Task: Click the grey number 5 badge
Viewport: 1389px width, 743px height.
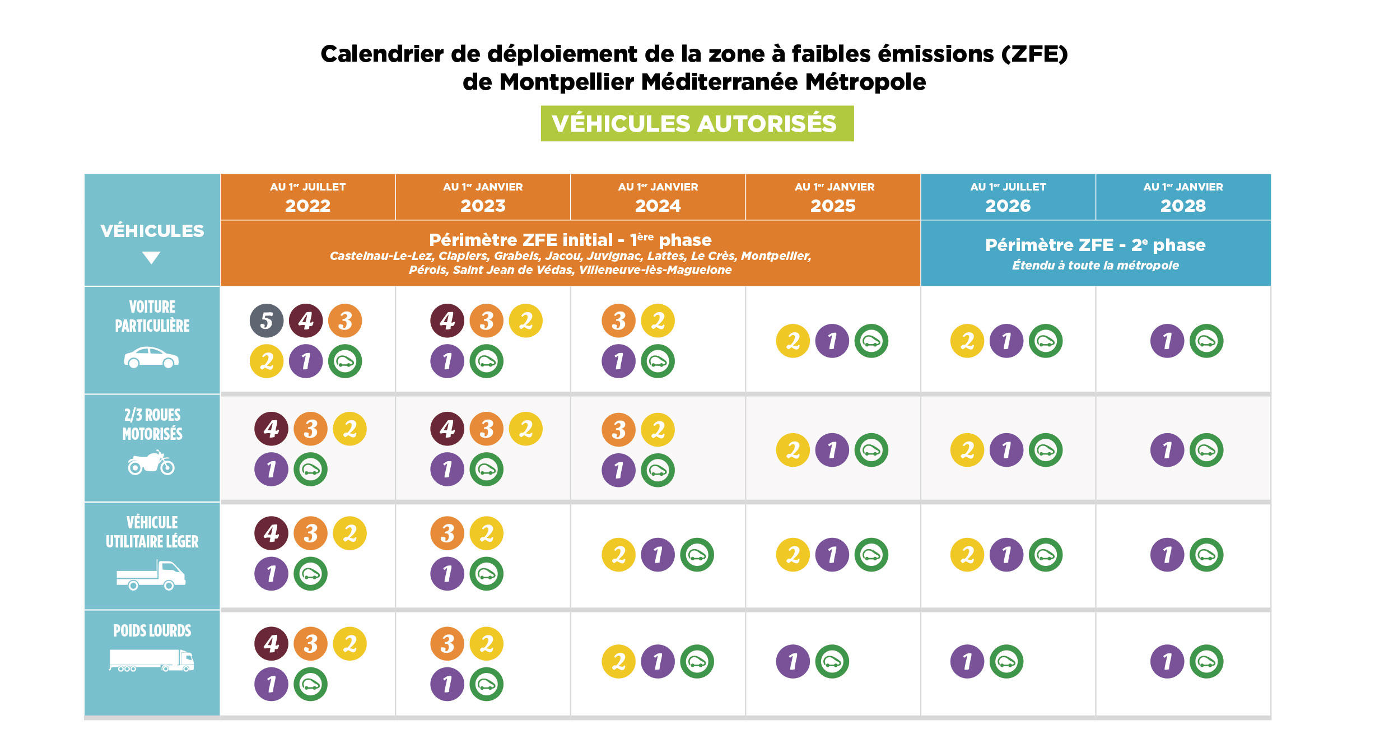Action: (267, 321)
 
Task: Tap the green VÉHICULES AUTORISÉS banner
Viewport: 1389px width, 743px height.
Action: (697, 123)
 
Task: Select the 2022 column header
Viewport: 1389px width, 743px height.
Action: (308, 197)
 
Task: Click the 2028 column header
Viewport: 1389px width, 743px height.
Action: (1183, 197)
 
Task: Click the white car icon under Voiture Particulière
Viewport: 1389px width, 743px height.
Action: (151, 357)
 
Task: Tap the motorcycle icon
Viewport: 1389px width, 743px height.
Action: (151, 462)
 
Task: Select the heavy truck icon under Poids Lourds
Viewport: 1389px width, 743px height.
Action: (151, 661)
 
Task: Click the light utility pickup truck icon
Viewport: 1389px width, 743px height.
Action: (151, 575)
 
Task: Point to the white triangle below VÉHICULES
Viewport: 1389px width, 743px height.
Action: (151, 257)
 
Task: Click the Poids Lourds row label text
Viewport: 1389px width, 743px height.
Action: (152, 631)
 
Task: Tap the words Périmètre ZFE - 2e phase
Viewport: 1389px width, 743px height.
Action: (1095, 245)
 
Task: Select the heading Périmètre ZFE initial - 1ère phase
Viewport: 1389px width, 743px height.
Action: (570, 240)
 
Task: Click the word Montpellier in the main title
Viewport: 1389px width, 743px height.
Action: (566, 82)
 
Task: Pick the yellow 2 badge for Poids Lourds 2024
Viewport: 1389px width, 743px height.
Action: (618, 662)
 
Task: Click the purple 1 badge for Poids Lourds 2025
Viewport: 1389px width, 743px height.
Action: (793, 662)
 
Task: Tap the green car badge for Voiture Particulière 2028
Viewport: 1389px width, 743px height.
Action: (1206, 341)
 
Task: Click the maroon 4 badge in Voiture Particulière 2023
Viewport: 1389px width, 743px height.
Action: (447, 321)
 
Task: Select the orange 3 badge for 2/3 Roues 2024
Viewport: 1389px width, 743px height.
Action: (618, 430)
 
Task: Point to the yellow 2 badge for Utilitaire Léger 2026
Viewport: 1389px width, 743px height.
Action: (967, 555)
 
